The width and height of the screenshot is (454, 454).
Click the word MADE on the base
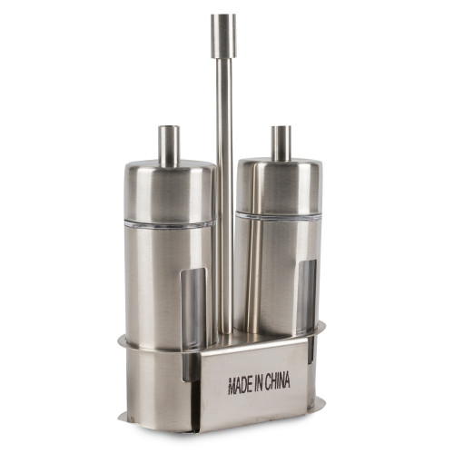[x=240, y=385]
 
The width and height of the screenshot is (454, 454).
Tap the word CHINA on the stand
[x=278, y=381]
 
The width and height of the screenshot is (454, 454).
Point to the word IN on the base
[x=258, y=383]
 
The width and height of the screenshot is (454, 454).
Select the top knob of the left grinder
[x=169, y=146]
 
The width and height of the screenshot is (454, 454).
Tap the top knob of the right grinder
[x=281, y=143]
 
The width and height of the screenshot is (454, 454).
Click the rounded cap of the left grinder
[x=170, y=191]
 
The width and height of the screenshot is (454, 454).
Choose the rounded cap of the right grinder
[x=279, y=185]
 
